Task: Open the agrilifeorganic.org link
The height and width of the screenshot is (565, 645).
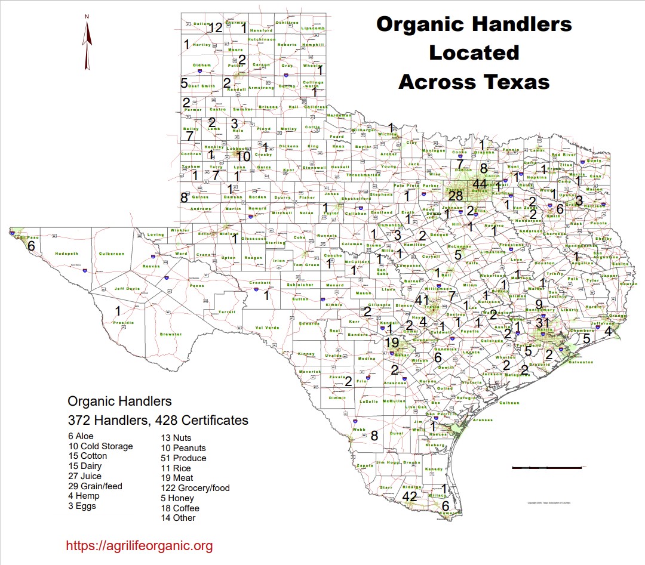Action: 139,545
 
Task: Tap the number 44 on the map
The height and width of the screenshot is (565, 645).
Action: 480,184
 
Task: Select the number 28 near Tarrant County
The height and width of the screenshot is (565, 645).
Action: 456,196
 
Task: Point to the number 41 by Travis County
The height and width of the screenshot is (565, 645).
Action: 422,300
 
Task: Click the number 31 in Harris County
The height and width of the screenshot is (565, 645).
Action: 543,323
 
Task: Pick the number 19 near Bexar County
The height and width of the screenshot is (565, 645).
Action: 392,342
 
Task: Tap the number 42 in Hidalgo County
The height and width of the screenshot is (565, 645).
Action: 410,496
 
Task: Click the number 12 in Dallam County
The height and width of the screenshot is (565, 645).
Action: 216,27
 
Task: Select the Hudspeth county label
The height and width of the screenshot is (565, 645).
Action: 66,254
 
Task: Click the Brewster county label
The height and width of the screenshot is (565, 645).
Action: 170,334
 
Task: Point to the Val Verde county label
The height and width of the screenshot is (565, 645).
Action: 267,328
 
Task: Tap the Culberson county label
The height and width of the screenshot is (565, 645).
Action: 111,254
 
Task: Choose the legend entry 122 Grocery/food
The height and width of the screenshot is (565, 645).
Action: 195,488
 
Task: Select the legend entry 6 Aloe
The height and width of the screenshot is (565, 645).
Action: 81,436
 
